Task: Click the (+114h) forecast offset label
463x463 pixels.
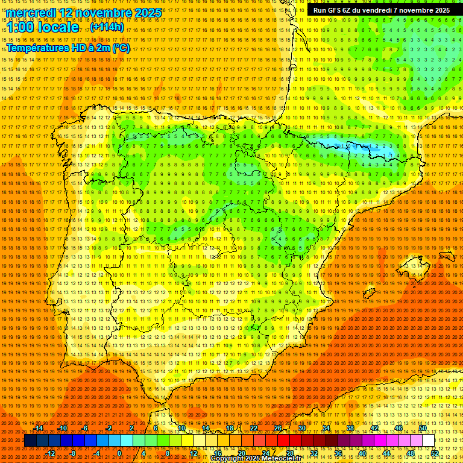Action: [x=107, y=27]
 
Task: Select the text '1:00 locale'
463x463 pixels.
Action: [x=42, y=27]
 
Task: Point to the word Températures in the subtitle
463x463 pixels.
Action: [x=36, y=48]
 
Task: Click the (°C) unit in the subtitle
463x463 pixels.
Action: [x=121, y=48]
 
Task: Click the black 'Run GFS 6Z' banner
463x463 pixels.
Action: [x=381, y=10]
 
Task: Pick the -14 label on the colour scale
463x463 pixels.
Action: [x=39, y=428]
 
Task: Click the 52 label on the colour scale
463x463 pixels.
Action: [x=435, y=453]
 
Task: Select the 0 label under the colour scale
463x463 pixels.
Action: [x=119, y=453]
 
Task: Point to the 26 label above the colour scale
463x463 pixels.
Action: [x=278, y=428]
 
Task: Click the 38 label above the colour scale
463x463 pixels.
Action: [x=350, y=428]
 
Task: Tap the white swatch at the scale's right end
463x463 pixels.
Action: [x=429, y=441]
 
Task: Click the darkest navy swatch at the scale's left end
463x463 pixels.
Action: [x=30, y=441]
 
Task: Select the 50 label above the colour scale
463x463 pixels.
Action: [x=423, y=428]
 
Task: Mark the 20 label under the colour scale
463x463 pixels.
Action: [x=241, y=453]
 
